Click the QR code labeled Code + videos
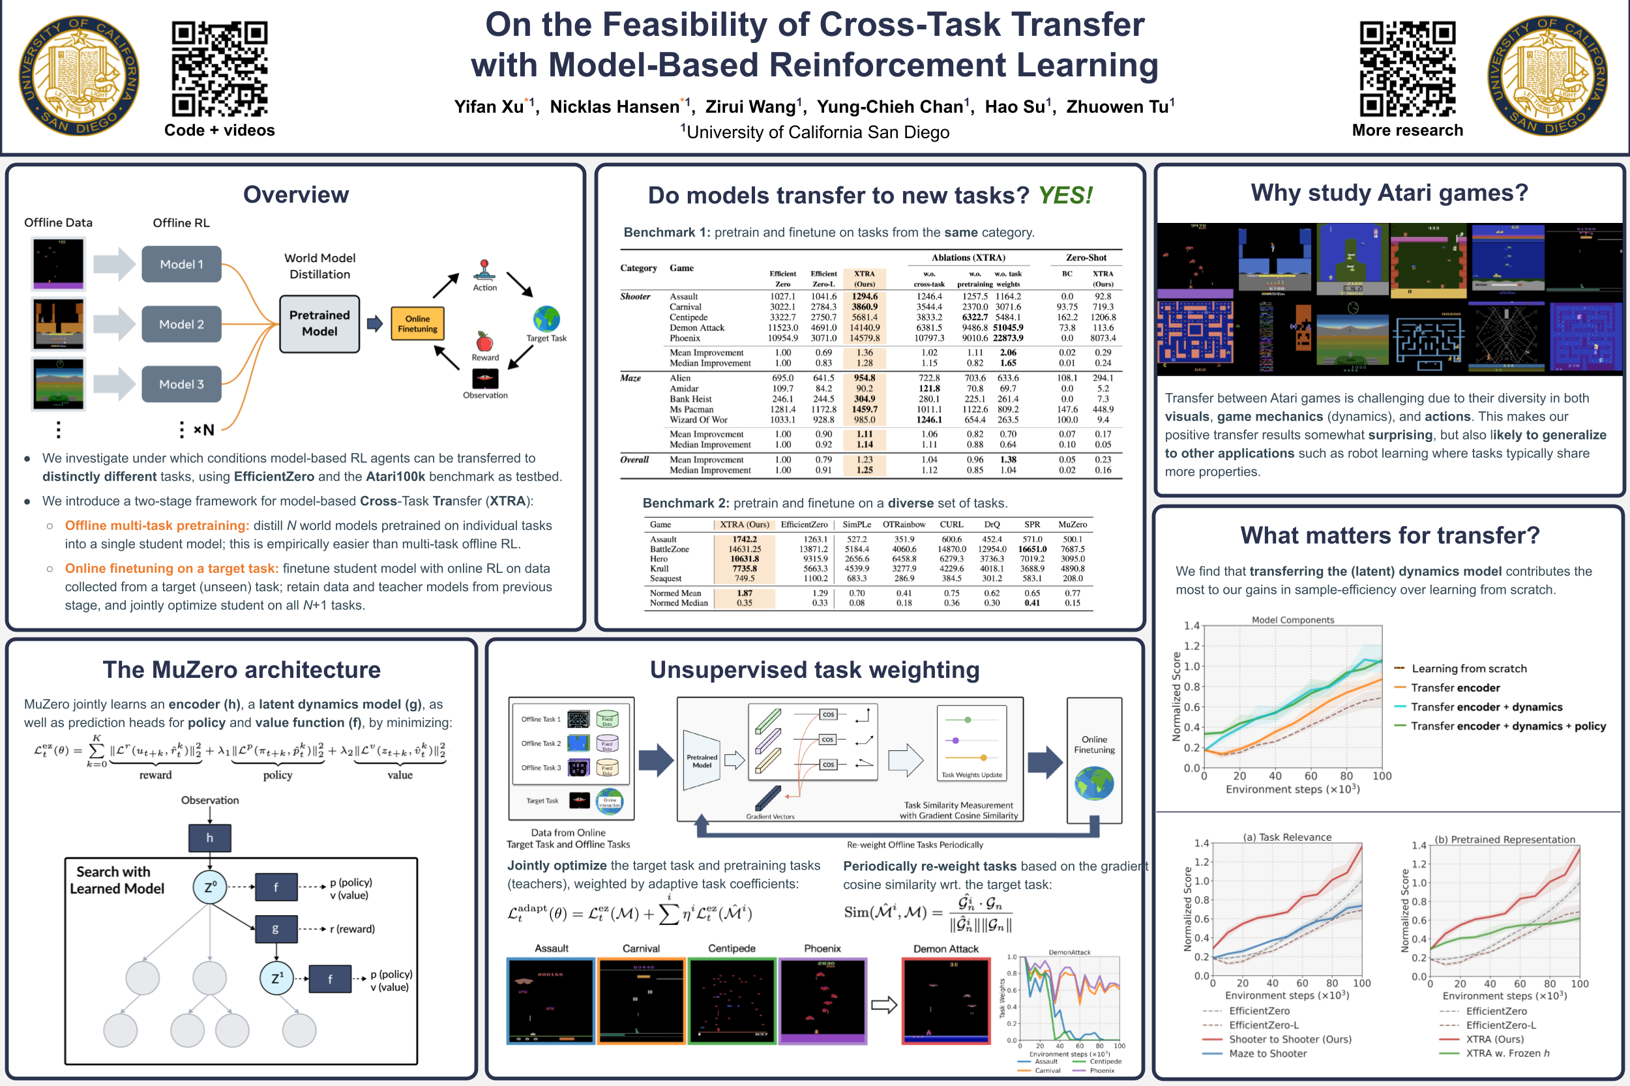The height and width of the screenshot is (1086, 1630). pos(219,68)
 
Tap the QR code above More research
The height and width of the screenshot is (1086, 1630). pos(1407,68)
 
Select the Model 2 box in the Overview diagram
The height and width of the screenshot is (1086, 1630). pos(181,324)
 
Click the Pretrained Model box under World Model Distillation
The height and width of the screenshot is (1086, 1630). pos(319,323)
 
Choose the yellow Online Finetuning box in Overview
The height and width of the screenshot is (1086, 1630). pos(417,323)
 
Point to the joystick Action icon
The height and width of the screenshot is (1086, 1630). pos(484,270)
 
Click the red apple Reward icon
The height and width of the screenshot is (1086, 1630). pos(484,342)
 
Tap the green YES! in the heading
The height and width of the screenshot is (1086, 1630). pos(1065,196)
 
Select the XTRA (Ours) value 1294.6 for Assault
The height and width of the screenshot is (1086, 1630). pos(865,297)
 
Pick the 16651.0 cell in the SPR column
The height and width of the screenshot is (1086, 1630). pos(1032,550)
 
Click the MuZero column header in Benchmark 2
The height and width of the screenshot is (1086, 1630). pos(1073,524)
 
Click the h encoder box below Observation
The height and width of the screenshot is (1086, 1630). pos(210,838)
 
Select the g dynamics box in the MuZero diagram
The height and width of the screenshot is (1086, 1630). pos(276,929)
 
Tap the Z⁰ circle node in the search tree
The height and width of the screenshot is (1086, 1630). pos(210,886)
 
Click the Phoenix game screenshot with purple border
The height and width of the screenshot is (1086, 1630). pos(823,1001)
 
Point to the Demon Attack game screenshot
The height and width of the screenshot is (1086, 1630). pos(946,1001)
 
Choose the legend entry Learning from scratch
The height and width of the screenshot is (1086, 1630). pos(1468,668)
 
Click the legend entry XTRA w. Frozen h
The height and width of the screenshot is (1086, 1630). pos(1507,1053)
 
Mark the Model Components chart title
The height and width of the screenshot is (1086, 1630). pos(1293,620)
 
